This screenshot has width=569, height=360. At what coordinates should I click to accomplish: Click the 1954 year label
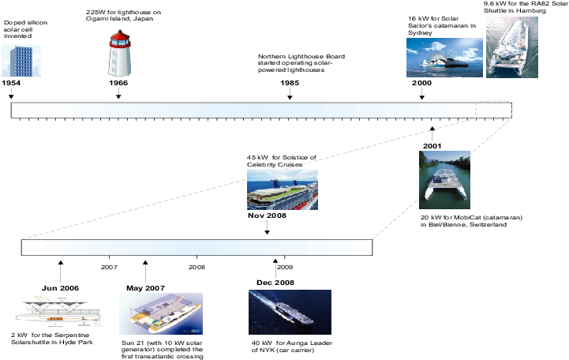coord(11,83)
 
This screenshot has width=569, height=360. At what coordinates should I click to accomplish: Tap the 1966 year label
coord(118,83)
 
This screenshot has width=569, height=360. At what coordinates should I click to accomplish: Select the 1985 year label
coord(290,83)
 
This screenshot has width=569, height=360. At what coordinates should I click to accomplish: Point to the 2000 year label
coord(421,83)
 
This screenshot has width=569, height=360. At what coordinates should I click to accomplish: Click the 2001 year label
coord(432,146)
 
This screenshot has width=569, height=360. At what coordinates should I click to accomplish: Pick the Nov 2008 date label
coord(266,215)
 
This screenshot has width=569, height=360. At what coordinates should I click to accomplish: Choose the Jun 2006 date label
coord(60,288)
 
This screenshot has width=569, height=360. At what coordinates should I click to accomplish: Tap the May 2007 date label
coord(145,288)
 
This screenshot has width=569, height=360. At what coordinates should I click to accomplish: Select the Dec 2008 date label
coord(275,283)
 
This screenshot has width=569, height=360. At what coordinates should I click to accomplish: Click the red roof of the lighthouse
coord(119,39)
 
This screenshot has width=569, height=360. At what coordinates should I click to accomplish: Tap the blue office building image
coord(21,61)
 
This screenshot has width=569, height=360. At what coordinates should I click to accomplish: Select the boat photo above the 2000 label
coord(444,58)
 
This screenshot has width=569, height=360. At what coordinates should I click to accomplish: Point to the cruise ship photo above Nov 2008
coord(283,189)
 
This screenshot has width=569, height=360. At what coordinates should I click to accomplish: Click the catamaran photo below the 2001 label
coord(444,180)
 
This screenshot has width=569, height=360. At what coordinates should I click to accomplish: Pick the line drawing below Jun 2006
coord(58,312)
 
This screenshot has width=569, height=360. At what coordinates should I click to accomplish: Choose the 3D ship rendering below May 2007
coord(161,313)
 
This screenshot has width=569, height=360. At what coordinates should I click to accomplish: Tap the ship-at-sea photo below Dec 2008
coord(290,312)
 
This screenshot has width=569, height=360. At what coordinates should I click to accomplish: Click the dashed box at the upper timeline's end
coord(494,110)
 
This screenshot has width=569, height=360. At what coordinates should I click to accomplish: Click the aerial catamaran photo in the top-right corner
coord(512,47)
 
